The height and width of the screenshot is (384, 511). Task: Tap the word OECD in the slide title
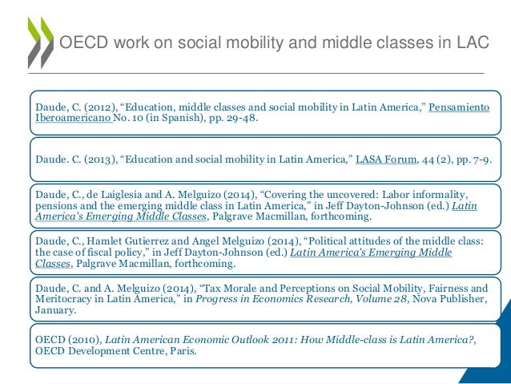coord(83,42)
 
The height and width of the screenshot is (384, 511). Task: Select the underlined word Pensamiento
coord(459,108)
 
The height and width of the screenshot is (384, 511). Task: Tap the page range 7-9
coord(477,160)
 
